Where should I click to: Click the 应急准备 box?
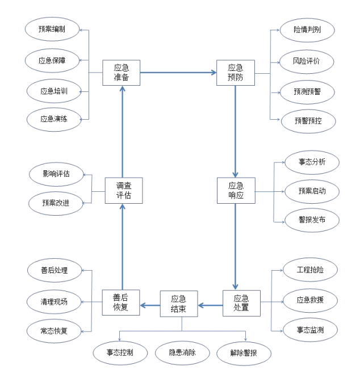[x=122, y=73]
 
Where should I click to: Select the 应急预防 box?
[x=236, y=73]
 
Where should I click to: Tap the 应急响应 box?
[x=236, y=191]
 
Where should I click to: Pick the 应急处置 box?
[x=241, y=304]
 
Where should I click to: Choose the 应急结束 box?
[x=178, y=304]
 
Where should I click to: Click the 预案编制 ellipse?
[x=51, y=29]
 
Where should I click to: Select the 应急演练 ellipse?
[x=55, y=119]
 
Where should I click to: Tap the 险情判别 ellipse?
[x=307, y=30]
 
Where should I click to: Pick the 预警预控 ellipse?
[x=307, y=120]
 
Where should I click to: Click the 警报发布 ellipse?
[x=311, y=220]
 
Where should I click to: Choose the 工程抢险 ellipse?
[x=310, y=269]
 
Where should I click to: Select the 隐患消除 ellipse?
[x=183, y=353]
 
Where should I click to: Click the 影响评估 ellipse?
[x=56, y=174]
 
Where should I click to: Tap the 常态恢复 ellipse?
[x=54, y=331]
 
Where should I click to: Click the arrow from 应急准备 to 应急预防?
[x=178, y=73]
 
